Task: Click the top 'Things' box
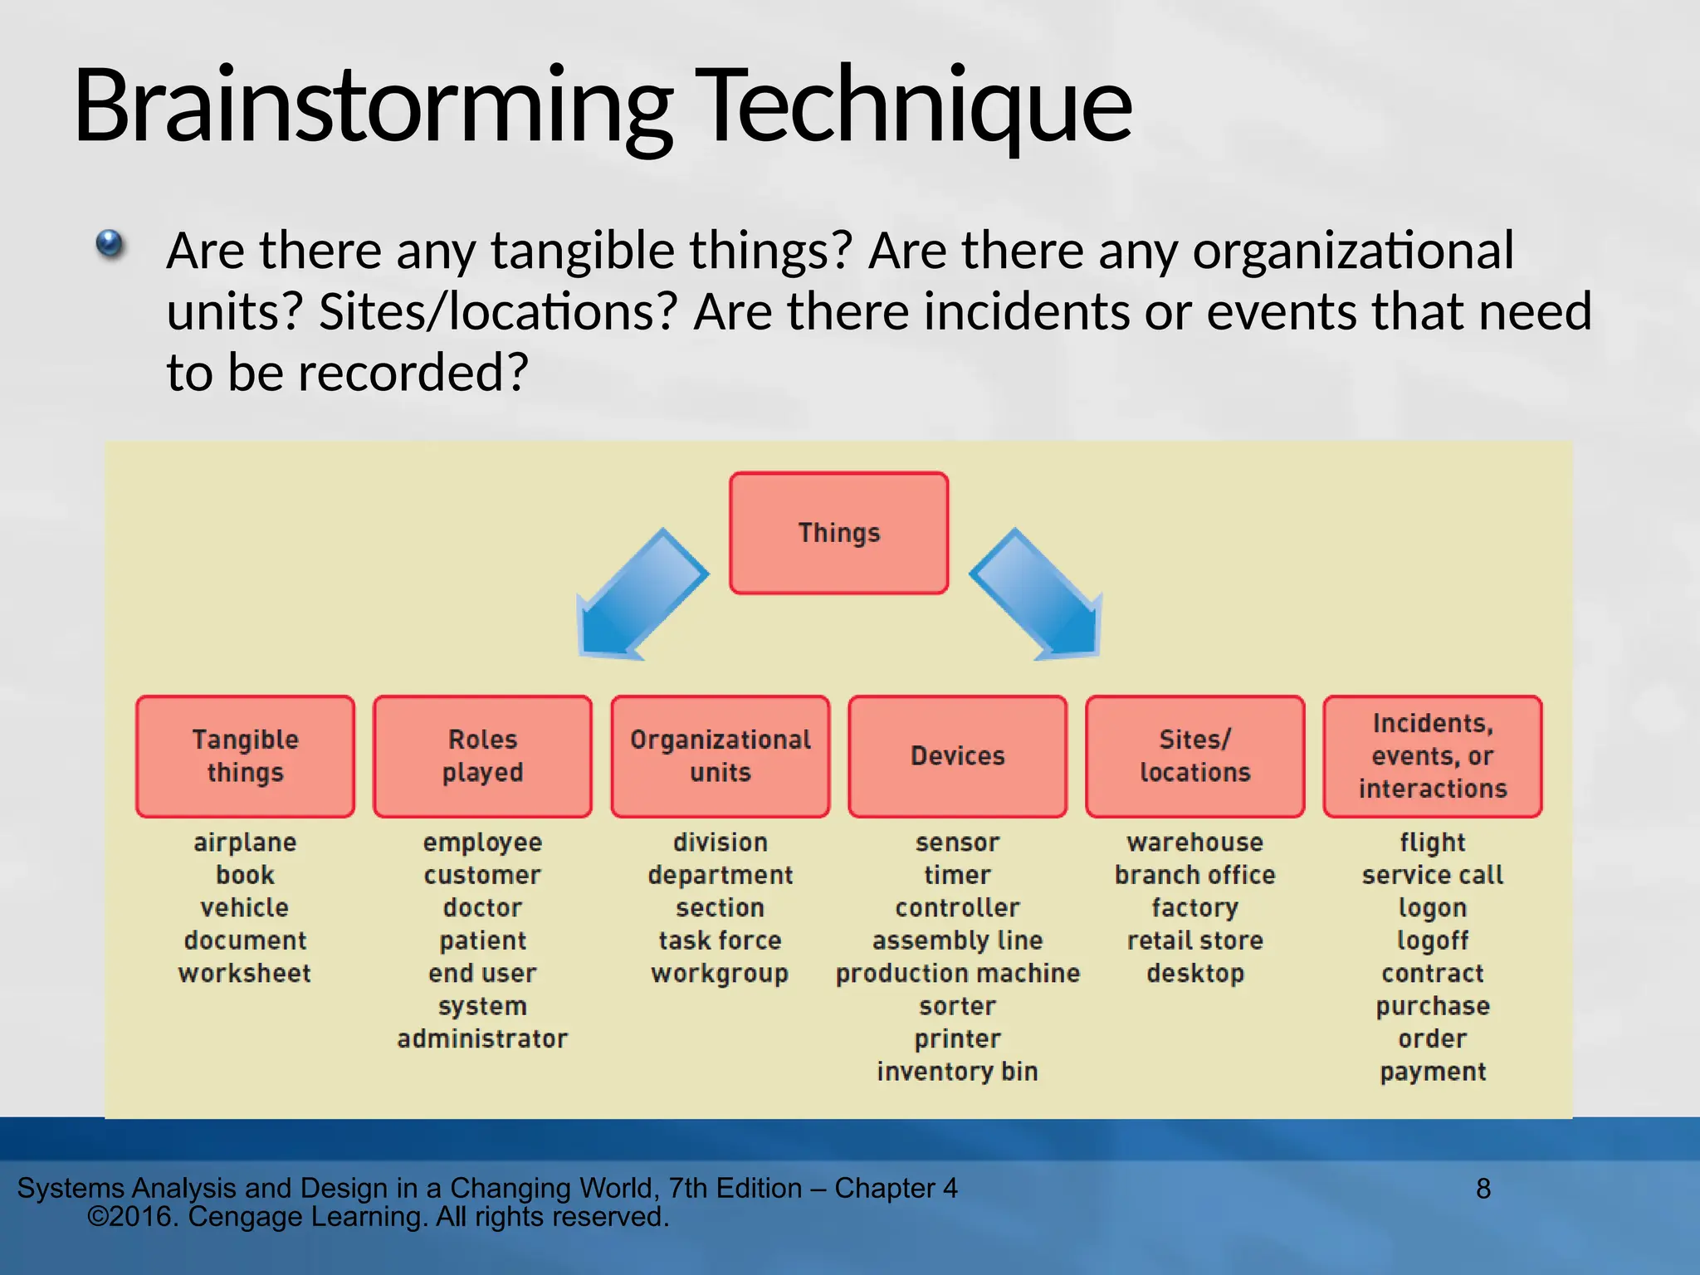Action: [x=838, y=533]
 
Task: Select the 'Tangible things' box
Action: [x=245, y=756]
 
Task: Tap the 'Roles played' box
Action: [x=482, y=756]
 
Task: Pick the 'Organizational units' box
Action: [x=720, y=756]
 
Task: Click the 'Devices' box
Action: [x=957, y=756]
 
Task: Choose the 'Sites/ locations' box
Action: [x=1194, y=756]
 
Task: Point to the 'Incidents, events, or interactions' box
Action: [x=1432, y=756]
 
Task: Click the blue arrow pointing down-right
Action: [x=1041, y=598]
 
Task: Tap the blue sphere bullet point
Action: [x=110, y=245]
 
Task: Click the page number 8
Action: [x=1483, y=1190]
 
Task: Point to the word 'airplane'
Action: [x=245, y=843]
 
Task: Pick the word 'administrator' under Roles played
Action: [x=482, y=1038]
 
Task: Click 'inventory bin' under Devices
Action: [x=957, y=1072]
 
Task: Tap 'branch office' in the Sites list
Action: [x=1194, y=875]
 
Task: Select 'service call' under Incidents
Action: [x=1432, y=875]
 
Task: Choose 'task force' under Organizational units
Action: [x=720, y=940]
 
